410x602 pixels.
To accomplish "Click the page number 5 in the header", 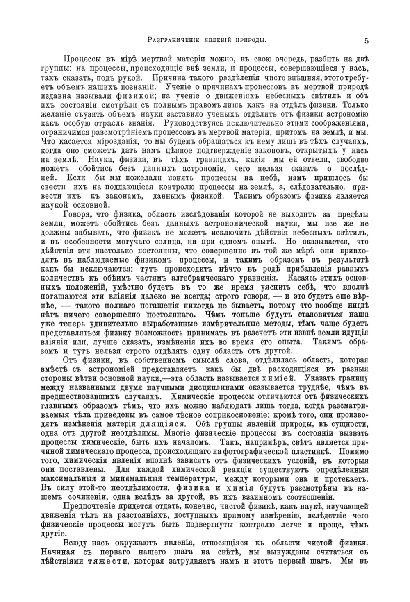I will [366, 40].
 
